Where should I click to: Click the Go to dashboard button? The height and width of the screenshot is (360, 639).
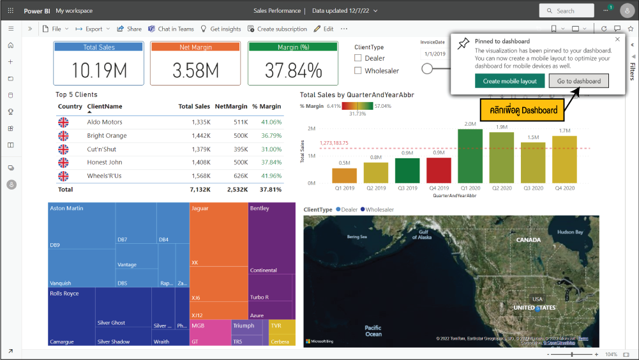click(x=579, y=81)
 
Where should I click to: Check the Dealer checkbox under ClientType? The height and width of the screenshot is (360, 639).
click(x=358, y=58)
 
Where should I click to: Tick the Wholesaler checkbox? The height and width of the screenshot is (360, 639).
click(x=358, y=71)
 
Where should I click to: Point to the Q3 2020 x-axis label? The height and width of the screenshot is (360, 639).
click(x=532, y=188)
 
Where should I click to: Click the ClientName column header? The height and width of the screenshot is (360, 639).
click(x=105, y=107)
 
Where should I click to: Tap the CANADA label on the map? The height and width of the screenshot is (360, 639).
click(x=528, y=240)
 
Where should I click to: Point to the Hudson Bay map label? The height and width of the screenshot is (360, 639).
click(x=569, y=232)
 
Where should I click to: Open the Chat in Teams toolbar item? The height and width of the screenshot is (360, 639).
click(x=171, y=29)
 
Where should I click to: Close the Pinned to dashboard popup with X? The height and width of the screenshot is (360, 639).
click(x=617, y=40)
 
